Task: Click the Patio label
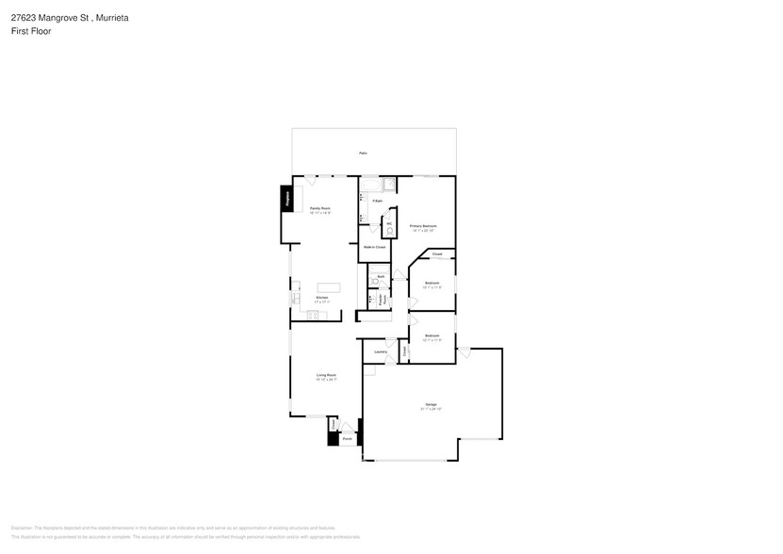pyautogui.click(x=363, y=153)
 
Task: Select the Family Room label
pyautogui.click(x=320, y=208)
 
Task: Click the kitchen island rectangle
pyautogui.click(x=328, y=288)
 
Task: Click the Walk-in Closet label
pyautogui.click(x=375, y=247)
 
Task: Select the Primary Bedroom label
pyautogui.click(x=423, y=226)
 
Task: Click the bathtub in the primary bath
pyautogui.click(x=369, y=183)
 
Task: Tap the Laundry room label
pyautogui.click(x=381, y=352)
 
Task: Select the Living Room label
pyautogui.click(x=326, y=375)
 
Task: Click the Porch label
pyautogui.click(x=347, y=439)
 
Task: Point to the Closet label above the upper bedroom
pyautogui.click(x=437, y=254)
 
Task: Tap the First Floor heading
pyautogui.click(x=31, y=31)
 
